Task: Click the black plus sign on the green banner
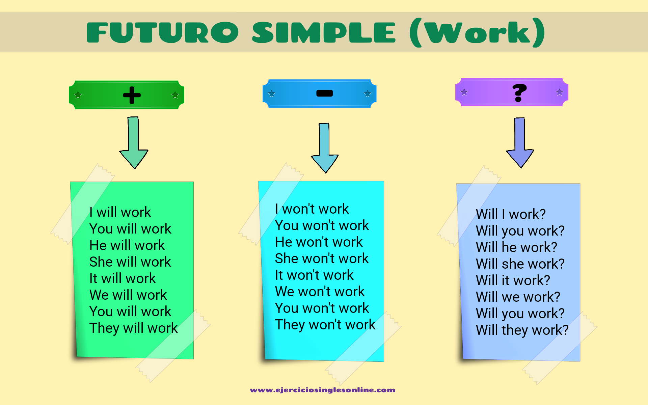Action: tap(132, 95)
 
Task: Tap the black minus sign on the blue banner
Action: tap(324, 93)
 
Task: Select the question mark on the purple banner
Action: tap(519, 93)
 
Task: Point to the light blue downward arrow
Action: tap(325, 148)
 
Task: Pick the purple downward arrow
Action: tap(520, 143)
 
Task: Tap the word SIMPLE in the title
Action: tap(324, 32)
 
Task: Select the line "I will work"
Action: tap(120, 212)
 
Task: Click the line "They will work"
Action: tap(134, 328)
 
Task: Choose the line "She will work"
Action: tap(130, 262)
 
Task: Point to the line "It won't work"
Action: tap(314, 275)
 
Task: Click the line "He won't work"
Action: tap(319, 242)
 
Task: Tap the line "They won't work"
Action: tap(325, 325)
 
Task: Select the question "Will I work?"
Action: tap(511, 214)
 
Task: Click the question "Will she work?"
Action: tap(520, 264)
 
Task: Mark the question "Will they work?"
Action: tap(522, 330)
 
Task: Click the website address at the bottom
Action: tap(323, 390)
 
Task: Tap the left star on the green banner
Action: tap(78, 95)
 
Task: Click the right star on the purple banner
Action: tap(560, 92)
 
